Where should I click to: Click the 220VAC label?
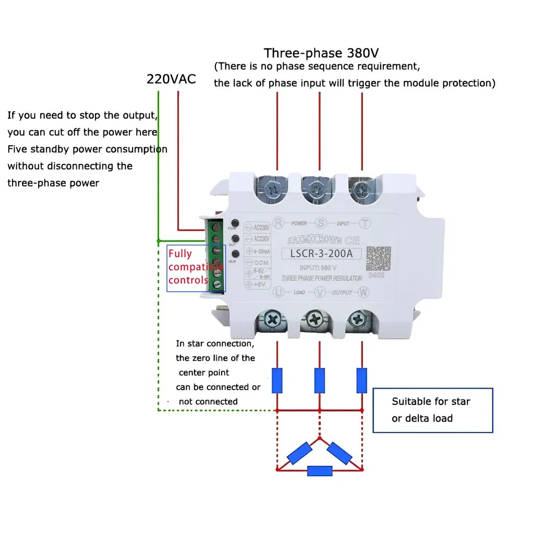(x=171, y=79)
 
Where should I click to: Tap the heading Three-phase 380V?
(x=321, y=53)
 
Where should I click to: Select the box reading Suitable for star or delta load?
(x=432, y=410)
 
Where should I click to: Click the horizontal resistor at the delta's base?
(x=320, y=471)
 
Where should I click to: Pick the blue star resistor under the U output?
(x=278, y=380)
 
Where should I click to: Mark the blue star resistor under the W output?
(x=362, y=380)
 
